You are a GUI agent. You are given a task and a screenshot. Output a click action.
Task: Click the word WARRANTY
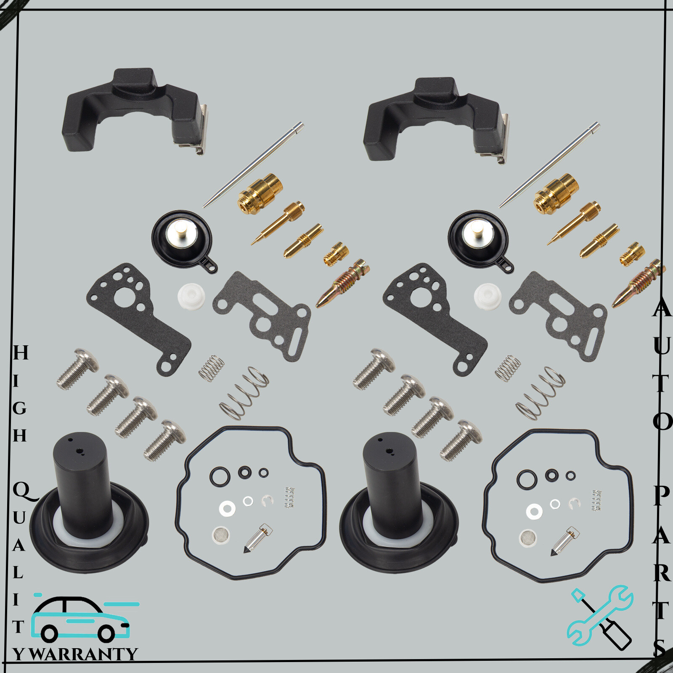coord(83,654)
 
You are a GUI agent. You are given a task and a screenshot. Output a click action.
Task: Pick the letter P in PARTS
coord(662,496)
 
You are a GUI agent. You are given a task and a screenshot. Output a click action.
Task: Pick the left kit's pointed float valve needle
coord(257,538)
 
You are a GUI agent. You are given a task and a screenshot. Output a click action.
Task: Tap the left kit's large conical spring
coord(244,393)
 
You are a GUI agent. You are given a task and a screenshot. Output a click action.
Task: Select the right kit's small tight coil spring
coord(508,368)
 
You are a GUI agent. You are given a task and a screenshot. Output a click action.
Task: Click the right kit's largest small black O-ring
coord(527,480)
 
